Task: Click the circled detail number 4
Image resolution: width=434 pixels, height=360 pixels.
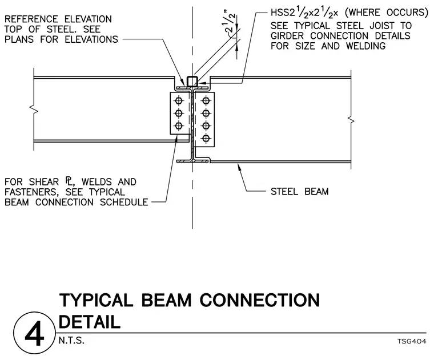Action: pos(34,333)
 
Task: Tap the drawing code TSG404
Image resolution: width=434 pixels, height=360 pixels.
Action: pos(412,342)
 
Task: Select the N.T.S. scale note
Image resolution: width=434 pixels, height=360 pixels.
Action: pos(71,341)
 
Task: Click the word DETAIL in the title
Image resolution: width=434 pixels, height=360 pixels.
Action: pos(90,322)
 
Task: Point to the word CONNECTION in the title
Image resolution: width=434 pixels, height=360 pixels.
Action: pos(260,300)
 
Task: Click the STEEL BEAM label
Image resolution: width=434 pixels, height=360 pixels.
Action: pos(299,191)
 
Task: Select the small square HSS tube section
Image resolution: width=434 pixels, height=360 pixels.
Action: pos(192,81)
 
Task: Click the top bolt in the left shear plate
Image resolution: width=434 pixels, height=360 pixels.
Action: pos(179,100)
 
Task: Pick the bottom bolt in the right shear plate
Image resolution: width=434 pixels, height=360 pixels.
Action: pos(206,138)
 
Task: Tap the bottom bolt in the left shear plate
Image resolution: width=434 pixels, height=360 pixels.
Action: pos(179,126)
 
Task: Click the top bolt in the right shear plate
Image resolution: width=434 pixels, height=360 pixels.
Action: pos(206,100)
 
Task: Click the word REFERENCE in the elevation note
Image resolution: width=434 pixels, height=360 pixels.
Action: pos(31,19)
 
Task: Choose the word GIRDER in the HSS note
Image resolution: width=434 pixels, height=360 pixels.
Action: pos(287,36)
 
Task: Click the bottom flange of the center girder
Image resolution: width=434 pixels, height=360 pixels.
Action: pos(192,161)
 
